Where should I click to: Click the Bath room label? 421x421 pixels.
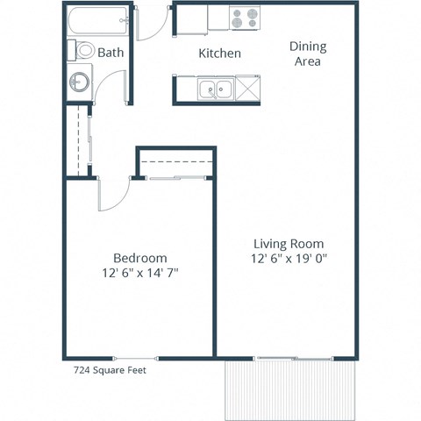tap(111, 53)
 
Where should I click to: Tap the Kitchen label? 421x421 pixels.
tap(219, 54)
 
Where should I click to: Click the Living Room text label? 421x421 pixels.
tap(289, 243)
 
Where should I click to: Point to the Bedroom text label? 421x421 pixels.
tap(140, 258)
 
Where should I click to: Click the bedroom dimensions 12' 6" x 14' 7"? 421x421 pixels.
tap(140, 273)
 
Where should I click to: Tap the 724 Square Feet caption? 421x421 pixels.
tap(110, 370)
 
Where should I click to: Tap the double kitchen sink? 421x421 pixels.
tap(215, 89)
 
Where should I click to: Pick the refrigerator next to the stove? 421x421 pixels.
tap(216, 18)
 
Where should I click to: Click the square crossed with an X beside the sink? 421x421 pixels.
tap(248, 89)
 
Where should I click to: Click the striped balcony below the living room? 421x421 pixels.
tap(292, 389)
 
